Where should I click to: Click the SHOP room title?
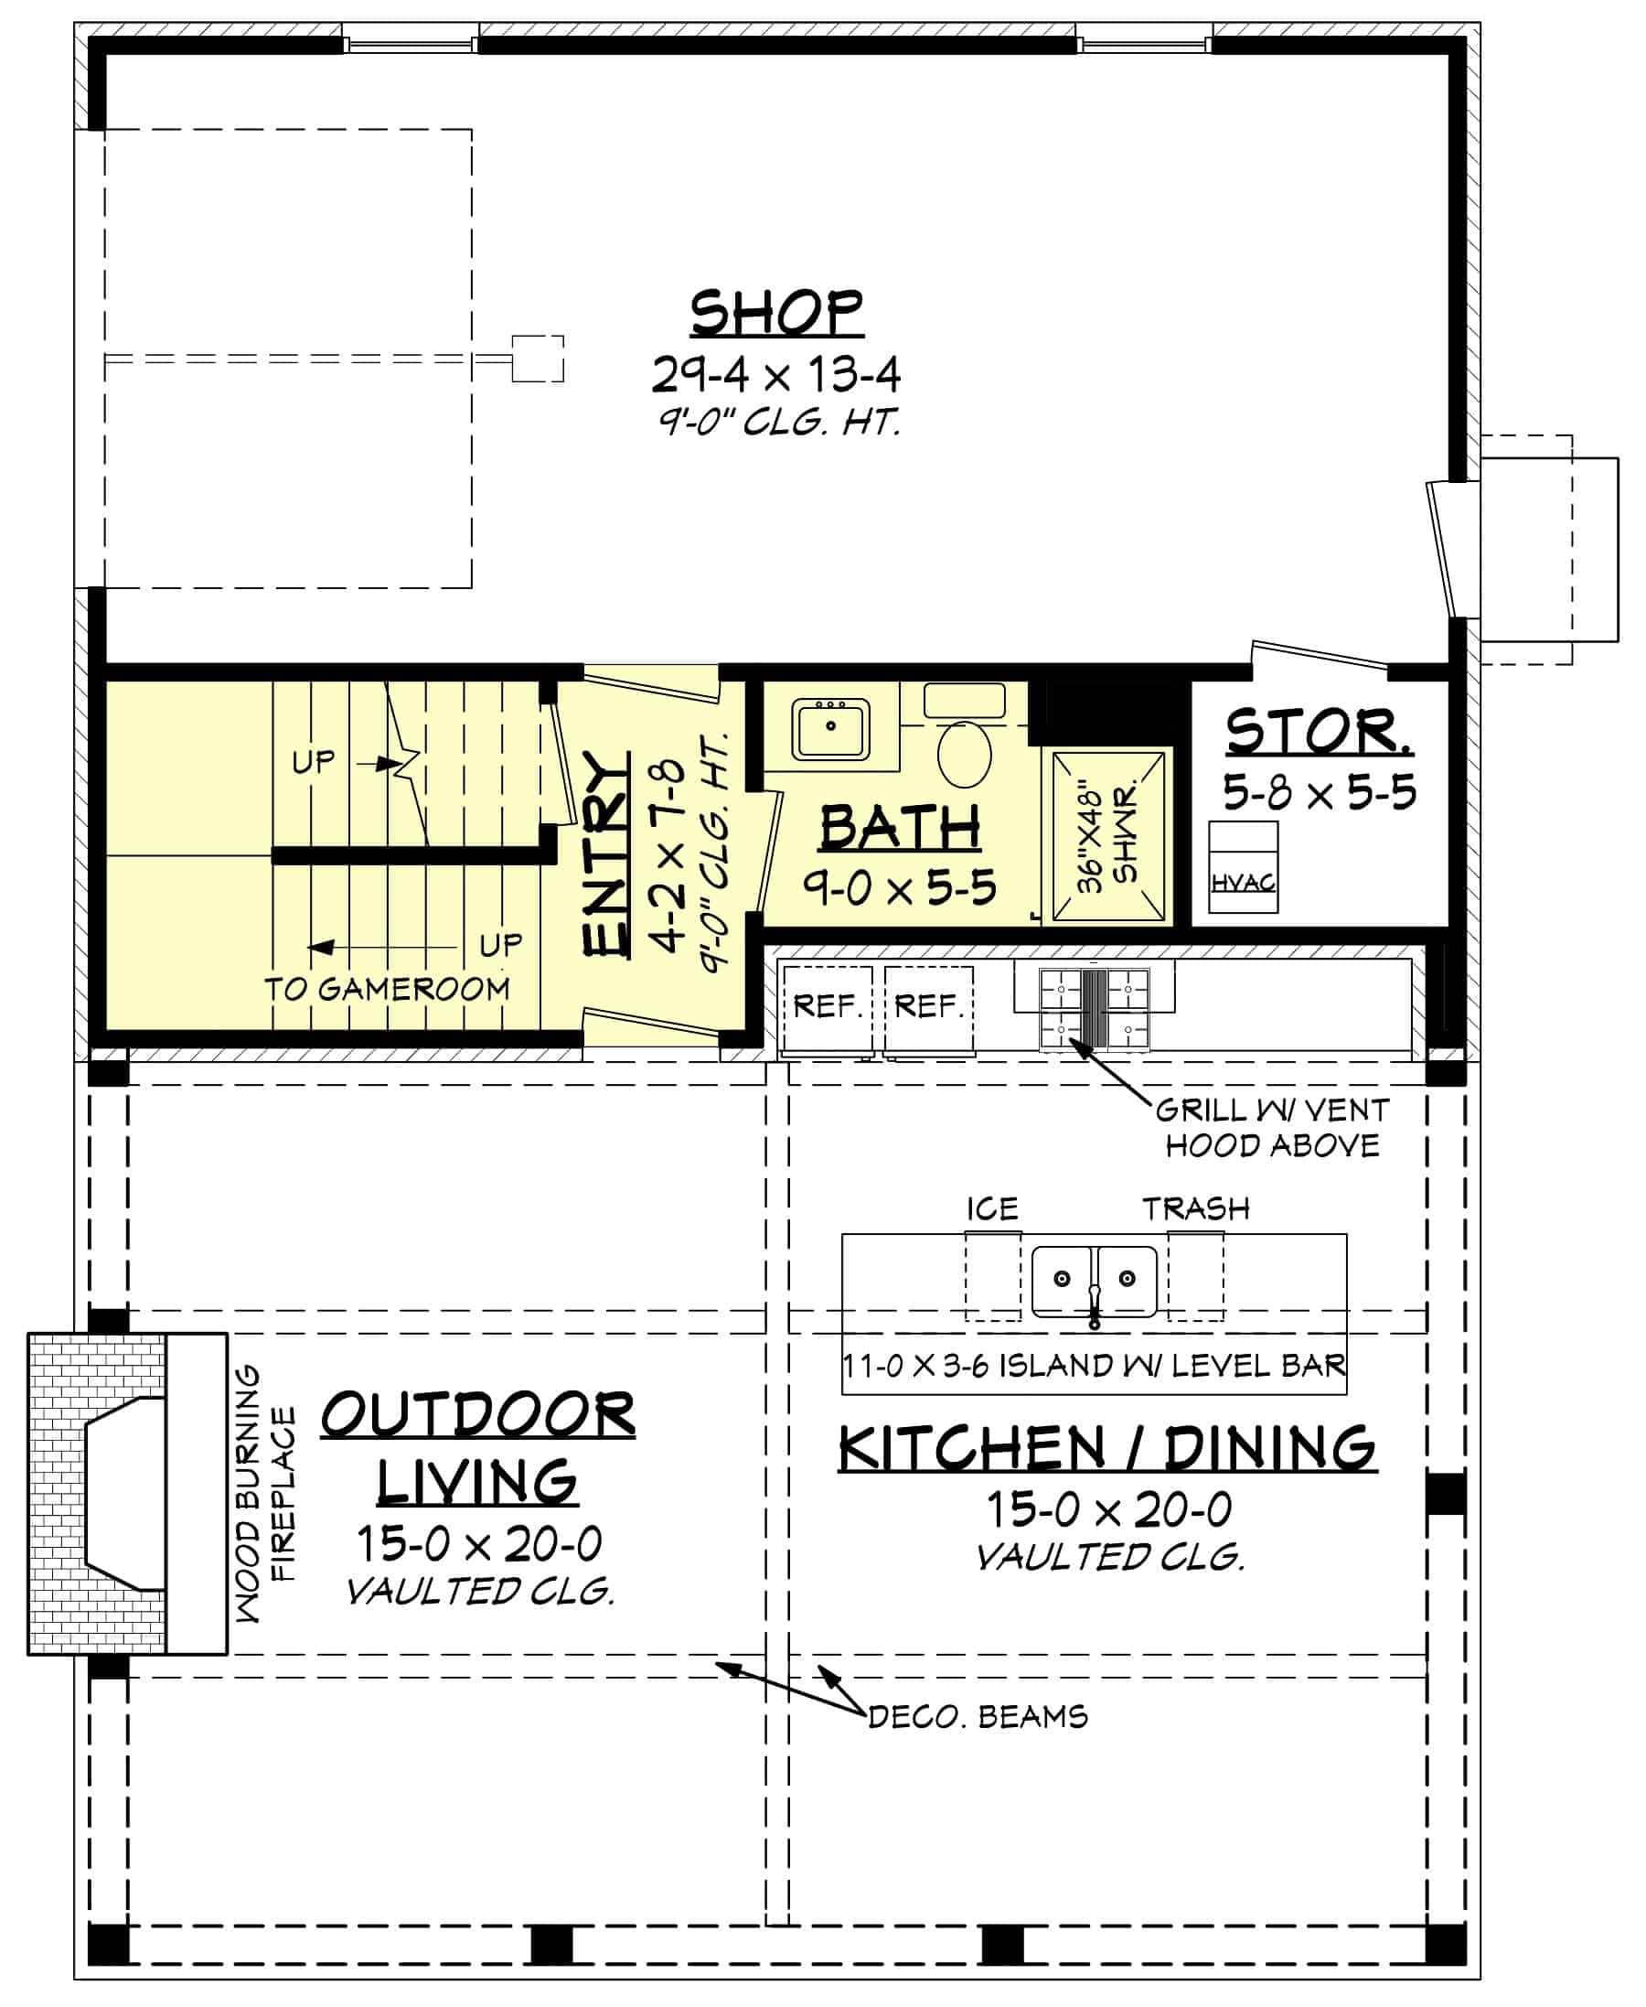[x=775, y=313]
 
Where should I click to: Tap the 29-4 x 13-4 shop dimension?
[x=775, y=375]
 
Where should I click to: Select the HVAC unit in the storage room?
[x=1242, y=867]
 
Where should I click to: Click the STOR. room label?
[x=1318, y=731]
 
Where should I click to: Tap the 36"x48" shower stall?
[x=1107, y=835]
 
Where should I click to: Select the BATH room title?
[x=900, y=827]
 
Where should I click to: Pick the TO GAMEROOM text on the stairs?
[x=387, y=989]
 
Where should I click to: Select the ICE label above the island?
[x=992, y=1208]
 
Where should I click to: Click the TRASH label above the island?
[x=1195, y=1208]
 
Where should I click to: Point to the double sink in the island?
[x=1094, y=1282]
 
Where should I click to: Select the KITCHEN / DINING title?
[x=1106, y=1448]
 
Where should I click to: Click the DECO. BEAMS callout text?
[x=978, y=1717]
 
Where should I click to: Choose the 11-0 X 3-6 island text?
[x=1094, y=1366]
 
